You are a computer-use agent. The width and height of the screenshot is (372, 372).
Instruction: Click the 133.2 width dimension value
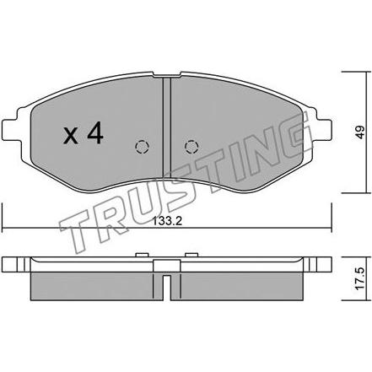tap(167, 221)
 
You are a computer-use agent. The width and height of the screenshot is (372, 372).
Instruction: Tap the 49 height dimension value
tap(359, 132)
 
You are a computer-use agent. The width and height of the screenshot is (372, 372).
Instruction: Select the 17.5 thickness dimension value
tap(359, 278)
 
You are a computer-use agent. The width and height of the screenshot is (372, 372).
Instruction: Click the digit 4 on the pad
tap(95, 134)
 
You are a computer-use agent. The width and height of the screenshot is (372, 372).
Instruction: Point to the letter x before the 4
tap(70, 136)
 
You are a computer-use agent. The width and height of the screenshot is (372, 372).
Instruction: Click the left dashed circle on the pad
tap(142, 147)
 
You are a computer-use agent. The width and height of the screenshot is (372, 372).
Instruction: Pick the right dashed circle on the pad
tap(191, 147)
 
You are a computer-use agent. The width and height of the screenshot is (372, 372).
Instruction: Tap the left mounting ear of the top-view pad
tap(11, 129)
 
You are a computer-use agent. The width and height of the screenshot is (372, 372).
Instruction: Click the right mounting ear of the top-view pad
tap(322, 129)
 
